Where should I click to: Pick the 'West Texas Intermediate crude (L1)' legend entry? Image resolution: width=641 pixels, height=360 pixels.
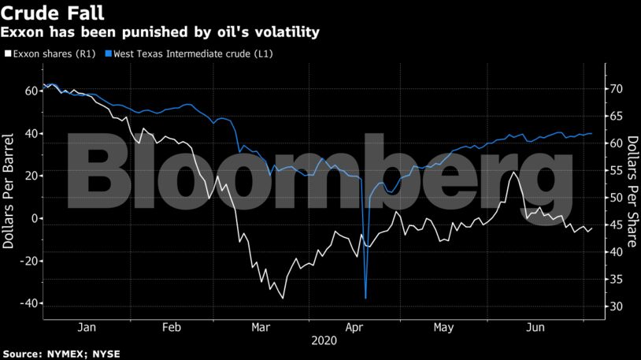click(193, 53)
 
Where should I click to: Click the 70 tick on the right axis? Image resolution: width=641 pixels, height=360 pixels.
click(617, 89)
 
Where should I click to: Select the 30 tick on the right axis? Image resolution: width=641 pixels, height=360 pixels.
click(617, 306)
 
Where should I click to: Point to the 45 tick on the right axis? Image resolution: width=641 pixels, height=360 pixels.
click(617, 225)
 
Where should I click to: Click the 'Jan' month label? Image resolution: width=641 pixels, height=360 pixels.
click(87, 327)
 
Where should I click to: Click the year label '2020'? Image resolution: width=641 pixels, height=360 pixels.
click(323, 341)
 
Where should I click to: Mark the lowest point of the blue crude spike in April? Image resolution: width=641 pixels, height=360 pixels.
click(365, 298)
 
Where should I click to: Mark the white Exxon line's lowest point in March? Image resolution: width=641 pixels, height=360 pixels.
click(283, 298)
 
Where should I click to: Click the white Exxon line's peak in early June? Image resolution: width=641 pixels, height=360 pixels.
click(514, 172)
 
